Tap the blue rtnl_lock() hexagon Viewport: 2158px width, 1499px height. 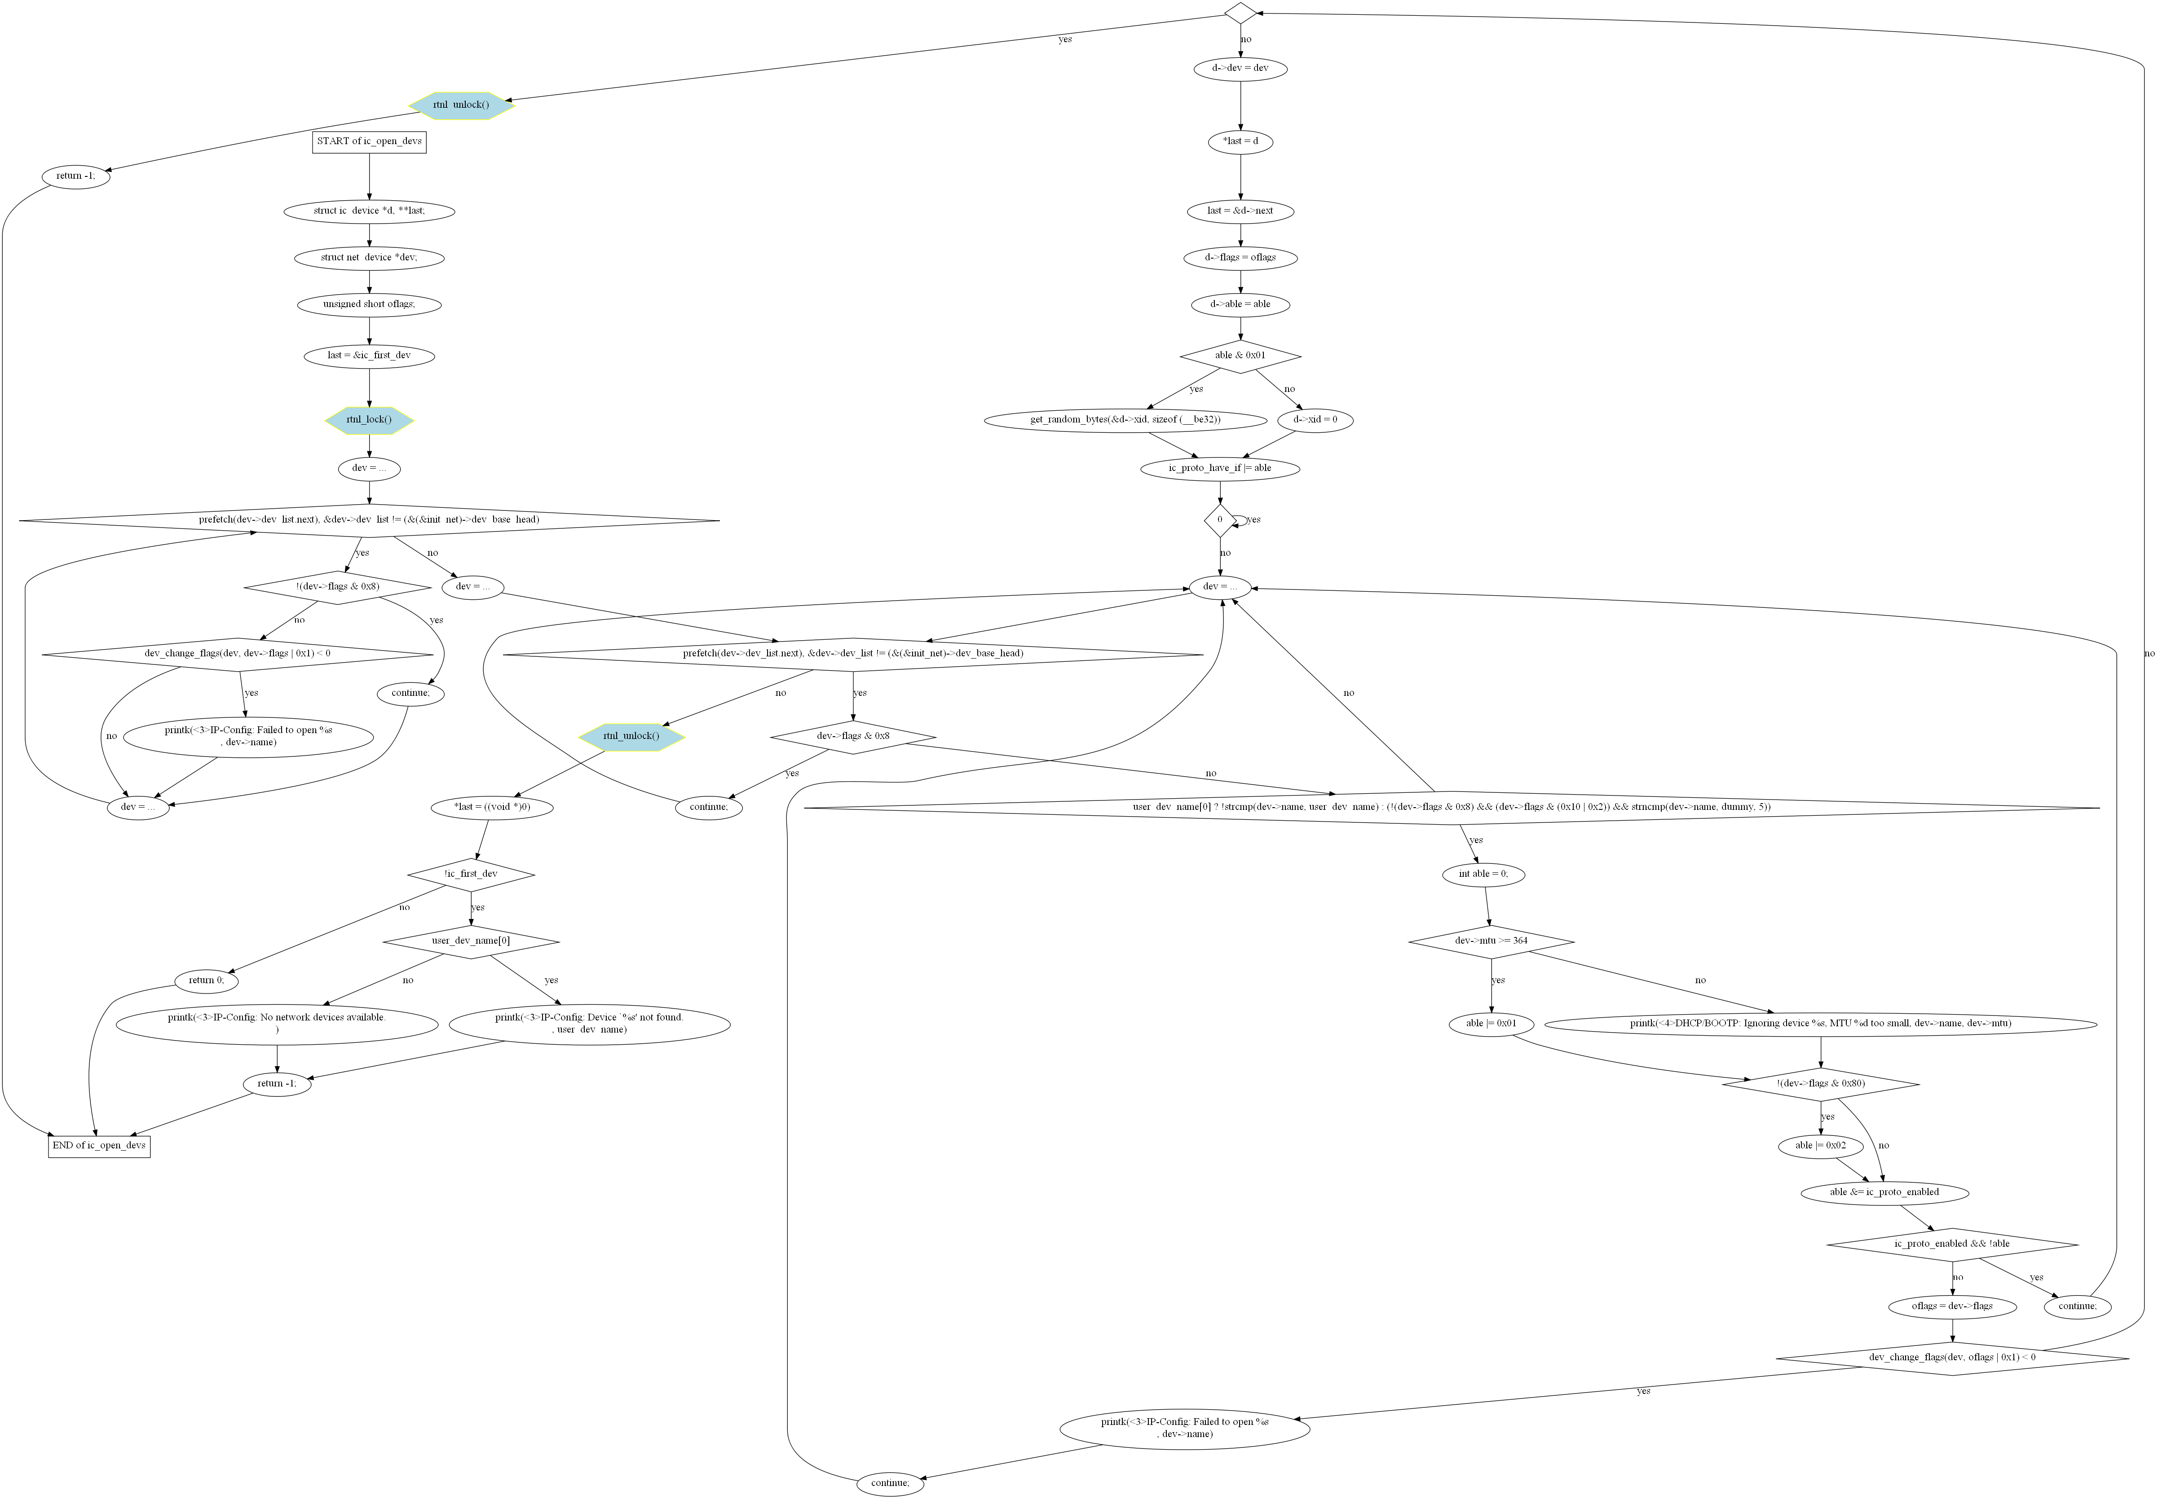(369, 420)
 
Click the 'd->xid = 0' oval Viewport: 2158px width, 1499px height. (1315, 420)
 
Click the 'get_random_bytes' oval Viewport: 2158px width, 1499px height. (1125, 420)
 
